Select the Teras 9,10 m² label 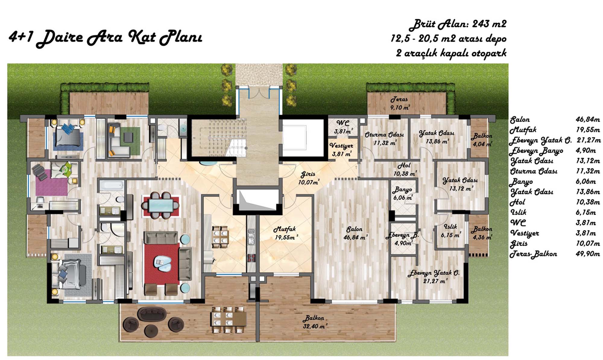400,103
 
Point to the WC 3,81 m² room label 343,127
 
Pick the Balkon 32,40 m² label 315,322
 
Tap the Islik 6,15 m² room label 451,231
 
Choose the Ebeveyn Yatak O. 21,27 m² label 434,277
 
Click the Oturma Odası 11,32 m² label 385,138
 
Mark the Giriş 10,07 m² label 309,178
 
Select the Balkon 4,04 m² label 482,140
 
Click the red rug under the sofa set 162,263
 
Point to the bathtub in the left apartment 112,185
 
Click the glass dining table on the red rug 160,206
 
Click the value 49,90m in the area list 588,254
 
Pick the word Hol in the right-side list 517,202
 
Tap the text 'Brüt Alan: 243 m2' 458,24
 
